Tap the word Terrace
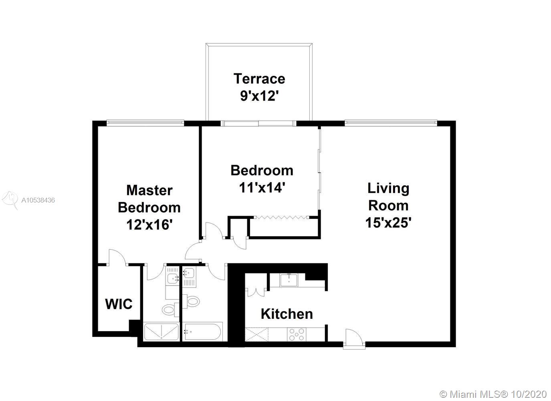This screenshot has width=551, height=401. tap(259, 79)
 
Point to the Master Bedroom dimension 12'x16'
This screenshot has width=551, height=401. tap(149, 225)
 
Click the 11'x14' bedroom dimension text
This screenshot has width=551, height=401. tap(262, 188)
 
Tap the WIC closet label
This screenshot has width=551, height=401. tap(119, 304)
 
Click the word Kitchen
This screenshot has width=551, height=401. tap(287, 314)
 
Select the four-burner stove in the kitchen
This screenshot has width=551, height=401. tap(297, 334)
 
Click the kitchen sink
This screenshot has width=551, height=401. tap(289, 280)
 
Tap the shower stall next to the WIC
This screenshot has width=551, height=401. tap(161, 332)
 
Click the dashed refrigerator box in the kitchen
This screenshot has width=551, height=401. tap(256, 334)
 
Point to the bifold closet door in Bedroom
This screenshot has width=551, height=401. tap(282, 217)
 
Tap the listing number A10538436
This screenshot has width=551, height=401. tap(38, 200)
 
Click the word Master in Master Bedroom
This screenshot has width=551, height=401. tap(149, 190)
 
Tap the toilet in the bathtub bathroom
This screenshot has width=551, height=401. tap(192, 301)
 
